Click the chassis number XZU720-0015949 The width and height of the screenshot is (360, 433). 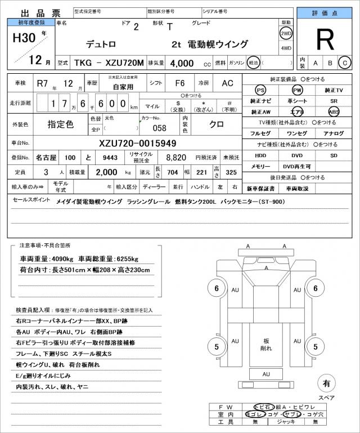coord(137,143)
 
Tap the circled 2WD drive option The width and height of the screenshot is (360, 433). coord(286,33)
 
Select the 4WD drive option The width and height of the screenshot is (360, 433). coord(286,48)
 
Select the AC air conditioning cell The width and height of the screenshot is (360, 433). coord(227,83)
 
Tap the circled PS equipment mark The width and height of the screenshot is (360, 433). coord(260,91)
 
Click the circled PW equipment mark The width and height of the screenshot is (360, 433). coord(297,91)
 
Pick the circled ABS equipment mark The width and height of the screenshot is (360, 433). coord(334,112)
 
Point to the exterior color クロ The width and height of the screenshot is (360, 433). coord(218,123)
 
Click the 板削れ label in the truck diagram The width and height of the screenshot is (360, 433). coord(265,345)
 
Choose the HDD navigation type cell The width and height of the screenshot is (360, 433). coord(260,155)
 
